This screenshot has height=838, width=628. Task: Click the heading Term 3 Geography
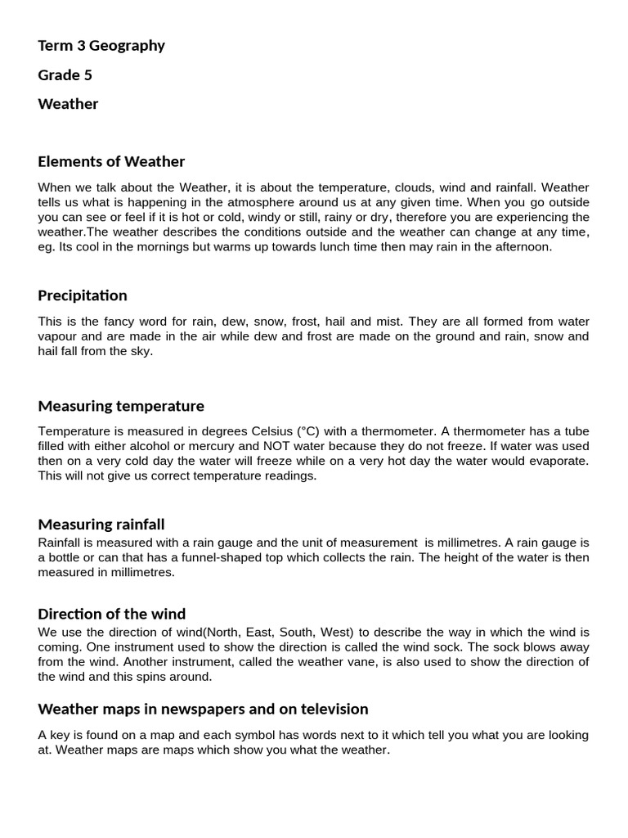[101, 46]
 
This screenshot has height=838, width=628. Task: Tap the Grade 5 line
[65, 75]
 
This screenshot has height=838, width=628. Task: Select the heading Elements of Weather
[111, 161]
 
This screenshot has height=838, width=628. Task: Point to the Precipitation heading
[83, 295]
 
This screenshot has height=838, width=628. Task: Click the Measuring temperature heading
[121, 406]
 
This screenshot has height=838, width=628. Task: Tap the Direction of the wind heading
[112, 614]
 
